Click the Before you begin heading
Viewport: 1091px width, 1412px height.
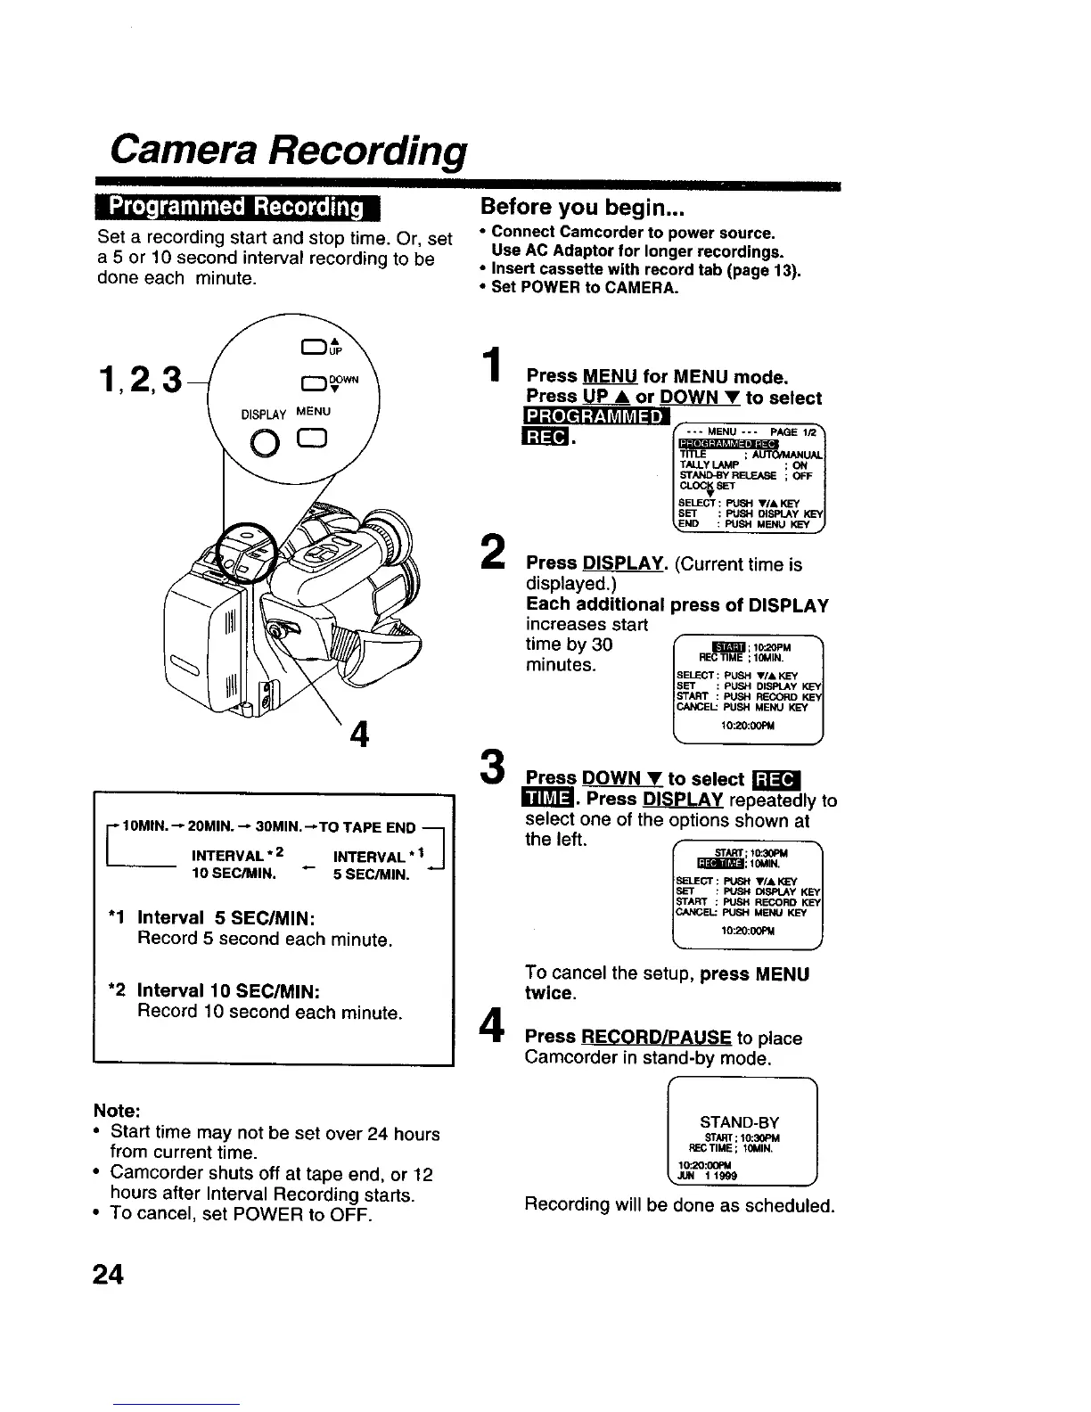581,207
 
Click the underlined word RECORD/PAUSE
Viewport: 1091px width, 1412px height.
656,1038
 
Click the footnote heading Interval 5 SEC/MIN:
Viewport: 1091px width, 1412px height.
227,918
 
